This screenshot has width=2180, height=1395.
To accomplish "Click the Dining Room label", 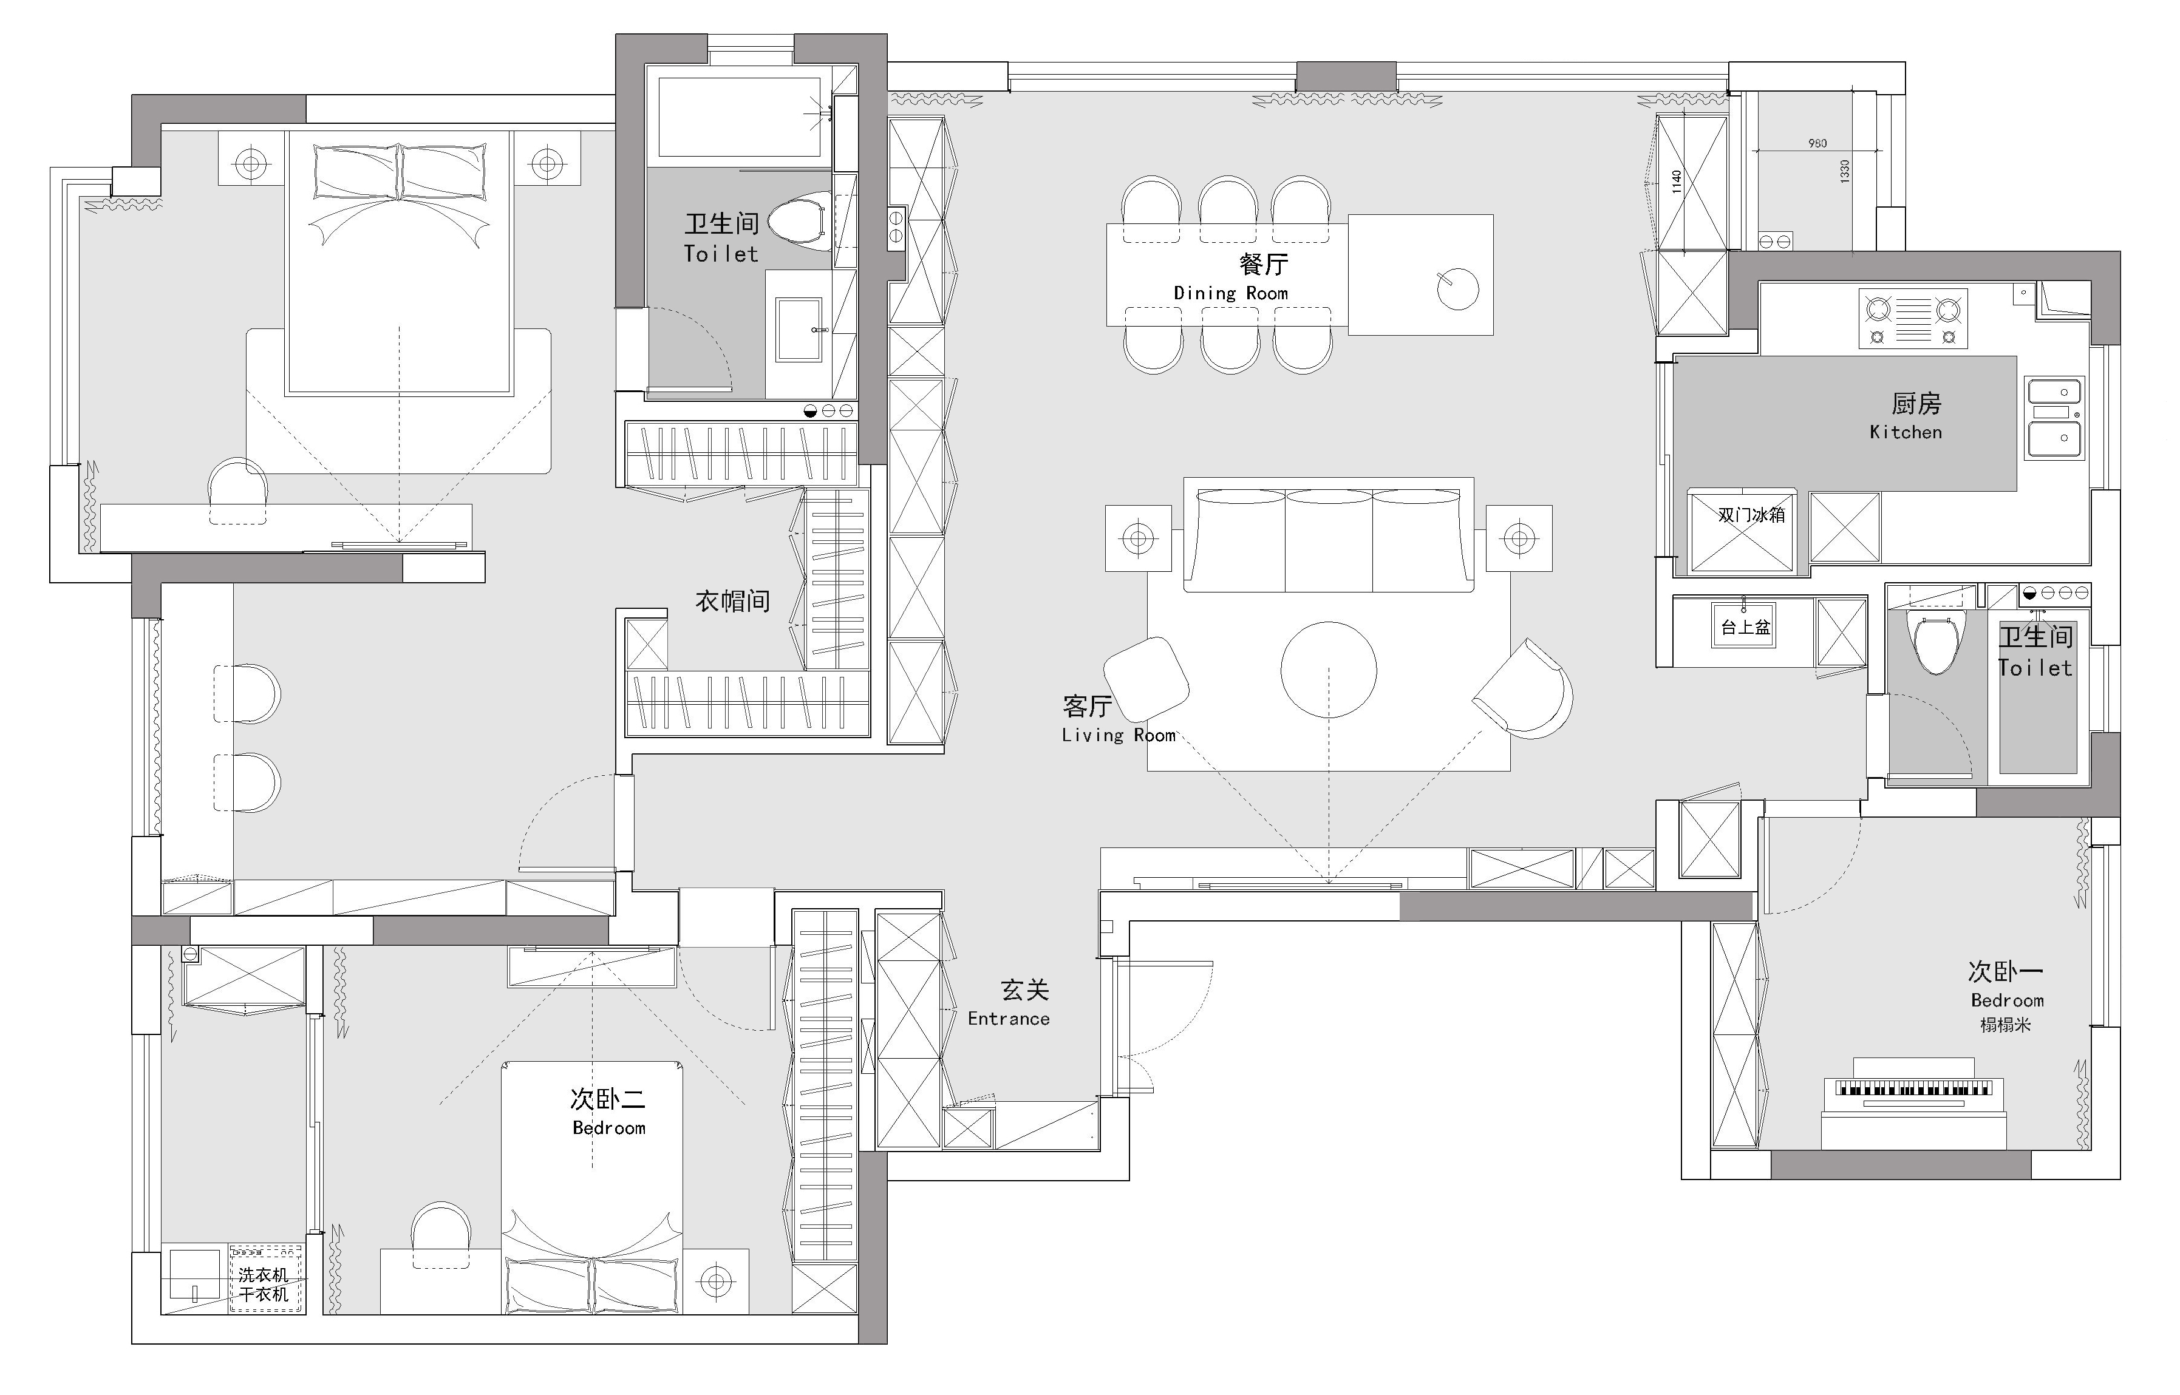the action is (x=1230, y=293).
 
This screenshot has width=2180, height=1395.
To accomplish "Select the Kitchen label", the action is (x=1906, y=432).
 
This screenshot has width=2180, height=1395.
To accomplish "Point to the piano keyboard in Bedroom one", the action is (x=1913, y=1087).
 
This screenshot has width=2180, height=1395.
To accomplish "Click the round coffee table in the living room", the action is (x=1328, y=670).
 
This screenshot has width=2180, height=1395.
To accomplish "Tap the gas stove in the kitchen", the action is (x=1913, y=319).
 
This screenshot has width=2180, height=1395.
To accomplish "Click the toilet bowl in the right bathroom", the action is (x=1935, y=641).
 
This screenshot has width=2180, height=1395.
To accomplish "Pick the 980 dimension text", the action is (x=1817, y=143).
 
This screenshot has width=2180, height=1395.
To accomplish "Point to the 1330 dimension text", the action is (x=1845, y=171).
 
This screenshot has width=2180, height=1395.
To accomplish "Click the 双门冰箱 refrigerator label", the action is (x=1751, y=515).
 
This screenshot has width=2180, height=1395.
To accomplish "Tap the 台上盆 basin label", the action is (x=1745, y=627).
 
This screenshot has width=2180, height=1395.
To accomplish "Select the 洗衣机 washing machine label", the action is (x=264, y=1275).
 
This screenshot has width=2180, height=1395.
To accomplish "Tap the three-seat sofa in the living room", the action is (x=1328, y=535).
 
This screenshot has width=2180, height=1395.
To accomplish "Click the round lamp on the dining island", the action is (x=1458, y=289).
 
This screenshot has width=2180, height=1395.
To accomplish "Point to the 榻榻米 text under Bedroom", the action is (x=2005, y=1025).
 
